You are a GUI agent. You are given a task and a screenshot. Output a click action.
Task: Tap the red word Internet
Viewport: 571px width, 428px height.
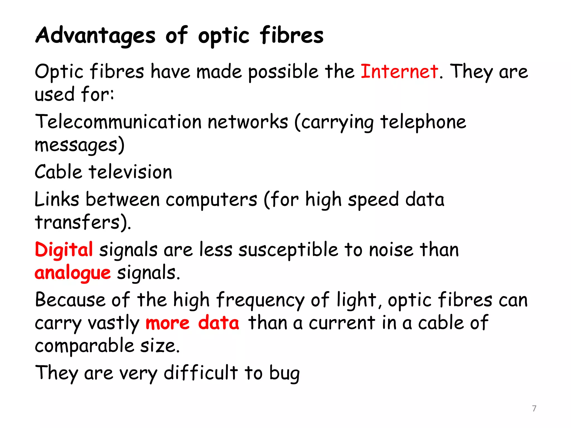tap(399, 71)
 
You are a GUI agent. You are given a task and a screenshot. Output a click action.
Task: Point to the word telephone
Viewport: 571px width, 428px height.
tap(423, 122)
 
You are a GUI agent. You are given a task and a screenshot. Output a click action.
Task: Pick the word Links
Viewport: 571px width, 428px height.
tap(57, 200)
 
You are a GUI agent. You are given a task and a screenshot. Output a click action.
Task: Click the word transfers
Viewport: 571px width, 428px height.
tap(78, 222)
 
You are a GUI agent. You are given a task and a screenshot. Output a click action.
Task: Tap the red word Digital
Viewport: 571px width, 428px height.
tap(64, 250)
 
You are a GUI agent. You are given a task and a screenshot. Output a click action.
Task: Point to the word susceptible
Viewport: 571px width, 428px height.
tap(288, 250)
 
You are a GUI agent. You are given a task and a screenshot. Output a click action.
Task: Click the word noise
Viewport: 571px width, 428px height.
tap(391, 250)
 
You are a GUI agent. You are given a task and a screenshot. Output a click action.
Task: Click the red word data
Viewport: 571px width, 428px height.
tap(219, 323)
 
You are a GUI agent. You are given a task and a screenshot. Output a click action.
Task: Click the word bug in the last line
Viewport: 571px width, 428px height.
tap(284, 373)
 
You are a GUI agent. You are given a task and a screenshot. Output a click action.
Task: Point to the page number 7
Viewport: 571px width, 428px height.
tap(534, 408)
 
